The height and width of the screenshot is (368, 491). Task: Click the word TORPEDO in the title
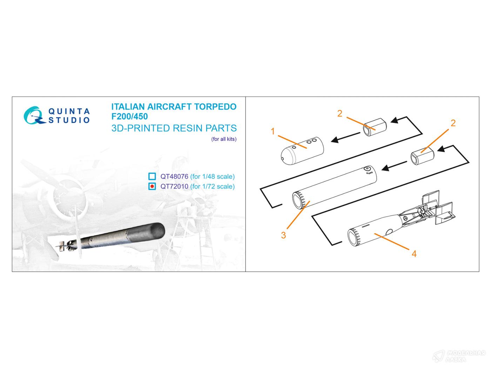[x=215, y=107]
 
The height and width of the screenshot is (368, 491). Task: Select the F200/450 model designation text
[x=129, y=116]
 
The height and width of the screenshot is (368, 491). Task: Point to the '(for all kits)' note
[x=224, y=139]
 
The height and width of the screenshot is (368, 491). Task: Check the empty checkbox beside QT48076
[x=152, y=176]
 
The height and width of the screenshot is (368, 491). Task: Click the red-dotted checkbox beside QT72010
[x=152, y=186]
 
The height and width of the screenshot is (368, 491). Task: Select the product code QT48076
[x=174, y=177]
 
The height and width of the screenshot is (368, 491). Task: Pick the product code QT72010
[x=174, y=186]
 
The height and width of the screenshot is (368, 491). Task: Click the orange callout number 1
[x=273, y=131]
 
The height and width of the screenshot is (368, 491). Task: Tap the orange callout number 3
[x=283, y=235]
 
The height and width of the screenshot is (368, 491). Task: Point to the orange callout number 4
[x=414, y=254]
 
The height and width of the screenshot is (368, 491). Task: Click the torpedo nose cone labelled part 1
[x=302, y=150]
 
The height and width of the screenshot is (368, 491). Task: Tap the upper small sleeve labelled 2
[x=375, y=127]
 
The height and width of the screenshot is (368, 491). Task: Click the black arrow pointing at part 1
[x=345, y=137]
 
